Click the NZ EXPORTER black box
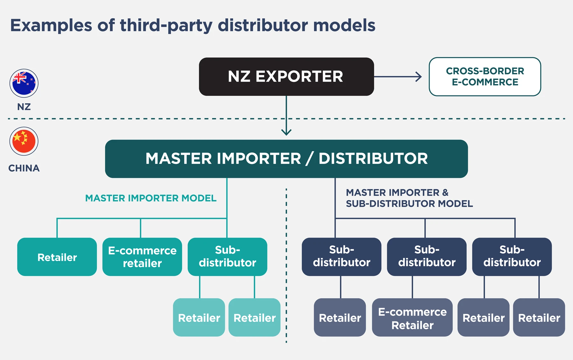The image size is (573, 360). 286,76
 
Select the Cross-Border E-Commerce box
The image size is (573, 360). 485,76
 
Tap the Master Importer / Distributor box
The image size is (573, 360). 286,159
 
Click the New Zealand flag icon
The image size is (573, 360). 24,83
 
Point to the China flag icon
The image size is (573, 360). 24,141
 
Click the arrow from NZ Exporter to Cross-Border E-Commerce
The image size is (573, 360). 398,76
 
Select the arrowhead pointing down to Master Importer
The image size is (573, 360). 286,132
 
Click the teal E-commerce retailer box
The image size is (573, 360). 142,257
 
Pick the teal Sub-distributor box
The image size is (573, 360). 227,257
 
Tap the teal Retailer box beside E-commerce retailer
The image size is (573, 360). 57,257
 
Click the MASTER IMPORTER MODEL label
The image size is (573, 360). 151,198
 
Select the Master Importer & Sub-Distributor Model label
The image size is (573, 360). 409,198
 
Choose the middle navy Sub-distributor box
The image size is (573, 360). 427,257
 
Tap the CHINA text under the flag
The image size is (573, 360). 24,168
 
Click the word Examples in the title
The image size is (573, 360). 51,25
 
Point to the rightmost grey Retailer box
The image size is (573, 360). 539,318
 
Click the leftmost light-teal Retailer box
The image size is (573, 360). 199,318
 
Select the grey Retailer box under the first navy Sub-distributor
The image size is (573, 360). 340,318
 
